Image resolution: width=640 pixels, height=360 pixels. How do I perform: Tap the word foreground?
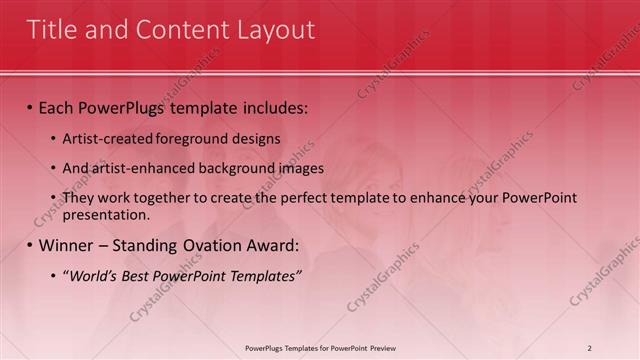190,138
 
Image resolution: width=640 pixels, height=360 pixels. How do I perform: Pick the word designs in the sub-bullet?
256,138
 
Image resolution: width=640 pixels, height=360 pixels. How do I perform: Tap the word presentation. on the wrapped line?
106,214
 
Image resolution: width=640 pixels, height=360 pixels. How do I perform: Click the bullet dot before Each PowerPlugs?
30,107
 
